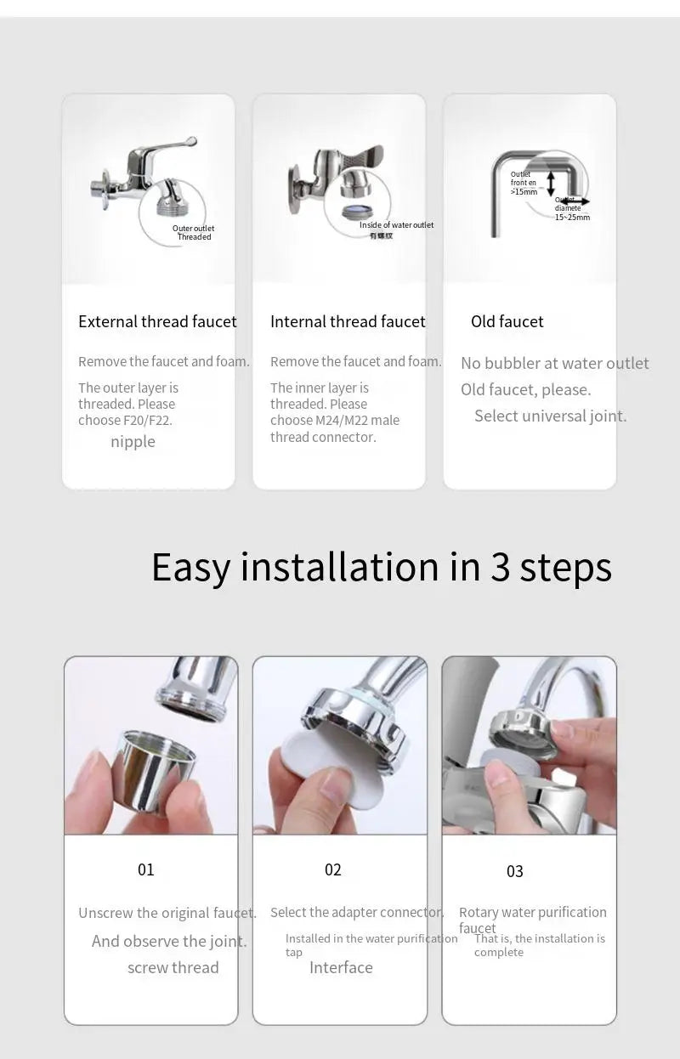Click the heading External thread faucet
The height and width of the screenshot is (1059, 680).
coord(157,321)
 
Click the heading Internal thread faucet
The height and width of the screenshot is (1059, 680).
coord(348,321)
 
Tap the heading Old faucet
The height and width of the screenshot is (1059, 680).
coord(507,321)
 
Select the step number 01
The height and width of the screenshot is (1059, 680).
coord(146,869)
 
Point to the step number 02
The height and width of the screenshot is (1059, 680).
coord(333,869)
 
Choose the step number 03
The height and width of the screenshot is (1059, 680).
coord(515,871)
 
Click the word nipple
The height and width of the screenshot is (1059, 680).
coord(133,441)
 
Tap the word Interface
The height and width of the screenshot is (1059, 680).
coord(341,967)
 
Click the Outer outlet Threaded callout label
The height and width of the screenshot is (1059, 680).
coord(194,232)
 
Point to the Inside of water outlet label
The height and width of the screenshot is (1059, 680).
coord(396,225)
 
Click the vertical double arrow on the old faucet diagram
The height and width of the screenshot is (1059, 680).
coord(551,182)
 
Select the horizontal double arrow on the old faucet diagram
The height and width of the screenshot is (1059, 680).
coord(575,202)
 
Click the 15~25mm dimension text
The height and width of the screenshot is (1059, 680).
coord(572,218)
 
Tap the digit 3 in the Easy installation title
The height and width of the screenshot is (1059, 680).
coord(500,567)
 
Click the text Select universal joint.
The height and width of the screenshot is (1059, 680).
coord(550,416)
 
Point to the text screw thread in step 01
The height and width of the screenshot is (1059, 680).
coord(173,967)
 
